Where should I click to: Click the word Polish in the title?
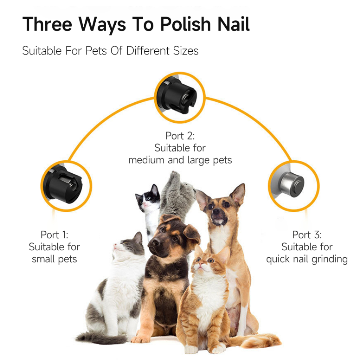pyautogui.click(x=185, y=24)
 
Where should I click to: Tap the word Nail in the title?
pyautogui.click(x=233, y=24)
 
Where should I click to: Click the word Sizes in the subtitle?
pyautogui.click(x=186, y=51)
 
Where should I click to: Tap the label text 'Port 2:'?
pyautogui.click(x=180, y=136)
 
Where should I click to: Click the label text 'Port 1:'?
pyautogui.click(x=54, y=234)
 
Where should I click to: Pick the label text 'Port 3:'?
pyautogui.click(x=307, y=234)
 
